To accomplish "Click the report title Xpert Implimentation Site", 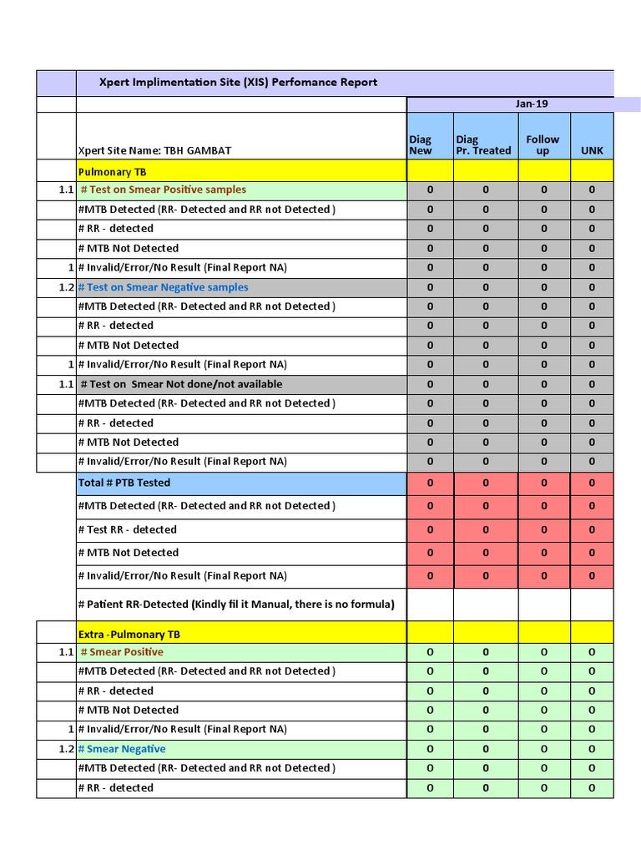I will point(238,83).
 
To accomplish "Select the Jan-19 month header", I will point(532,104).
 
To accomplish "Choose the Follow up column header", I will point(543,145).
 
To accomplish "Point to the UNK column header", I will point(592,150).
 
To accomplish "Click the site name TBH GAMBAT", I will point(154,150).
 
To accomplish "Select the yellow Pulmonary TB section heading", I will point(112,171).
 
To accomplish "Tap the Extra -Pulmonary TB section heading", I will point(129,635).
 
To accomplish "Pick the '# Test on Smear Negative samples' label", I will point(163,287).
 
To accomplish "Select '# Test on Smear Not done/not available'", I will point(181,384).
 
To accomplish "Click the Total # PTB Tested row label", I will point(124,483).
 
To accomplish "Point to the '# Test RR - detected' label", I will point(127,529).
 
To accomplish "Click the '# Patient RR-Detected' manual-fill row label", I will point(235,605).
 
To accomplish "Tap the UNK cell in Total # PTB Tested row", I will point(592,483).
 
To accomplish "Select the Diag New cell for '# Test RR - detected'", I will point(430,529).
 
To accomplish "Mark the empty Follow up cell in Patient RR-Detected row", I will point(543,605).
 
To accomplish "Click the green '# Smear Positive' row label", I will point(122,652).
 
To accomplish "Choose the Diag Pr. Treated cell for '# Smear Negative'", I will point(486,749).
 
